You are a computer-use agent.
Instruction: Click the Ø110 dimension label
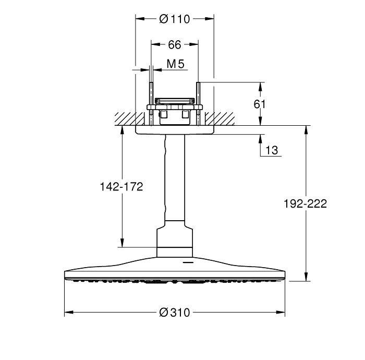(x=175, y=19)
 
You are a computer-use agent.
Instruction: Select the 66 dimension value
(x=175, y=44)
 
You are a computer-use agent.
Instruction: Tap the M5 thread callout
(x=176, y=64)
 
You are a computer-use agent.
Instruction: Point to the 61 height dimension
(x=260, y=104)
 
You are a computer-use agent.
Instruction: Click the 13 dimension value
(x=272, y=150)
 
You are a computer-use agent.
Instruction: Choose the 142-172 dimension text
(x=121, y=186)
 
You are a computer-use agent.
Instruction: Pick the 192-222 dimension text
(x=305, y=203)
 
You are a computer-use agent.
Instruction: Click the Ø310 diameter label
(x=175, y=313)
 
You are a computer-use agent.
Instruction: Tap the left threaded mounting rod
(x=151, y=104)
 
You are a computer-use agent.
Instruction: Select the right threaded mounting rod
(x=198, y=104)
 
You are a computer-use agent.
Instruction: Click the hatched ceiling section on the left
(x=130, y=119)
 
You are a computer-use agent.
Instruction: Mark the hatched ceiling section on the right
(x=220, y=119)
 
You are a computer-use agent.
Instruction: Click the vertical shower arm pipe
(x=175, y=177)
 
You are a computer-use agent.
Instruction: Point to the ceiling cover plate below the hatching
(x=175, y=130)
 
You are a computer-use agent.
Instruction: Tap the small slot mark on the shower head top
(x=188, y=262)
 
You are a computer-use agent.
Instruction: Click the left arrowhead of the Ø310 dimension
(x=69, y=313)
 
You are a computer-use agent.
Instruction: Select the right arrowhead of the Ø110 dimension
(x=210, y=19)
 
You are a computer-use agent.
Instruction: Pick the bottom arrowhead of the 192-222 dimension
(x=307, y=277)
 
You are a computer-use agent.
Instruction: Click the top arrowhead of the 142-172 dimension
(x=121, y=130)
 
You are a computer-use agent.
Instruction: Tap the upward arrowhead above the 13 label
(x=260, y=139)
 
